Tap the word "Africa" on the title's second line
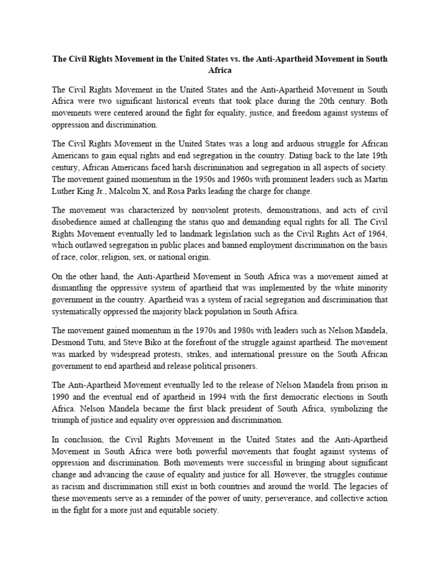(220, 71)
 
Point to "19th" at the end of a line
(378, 156)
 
